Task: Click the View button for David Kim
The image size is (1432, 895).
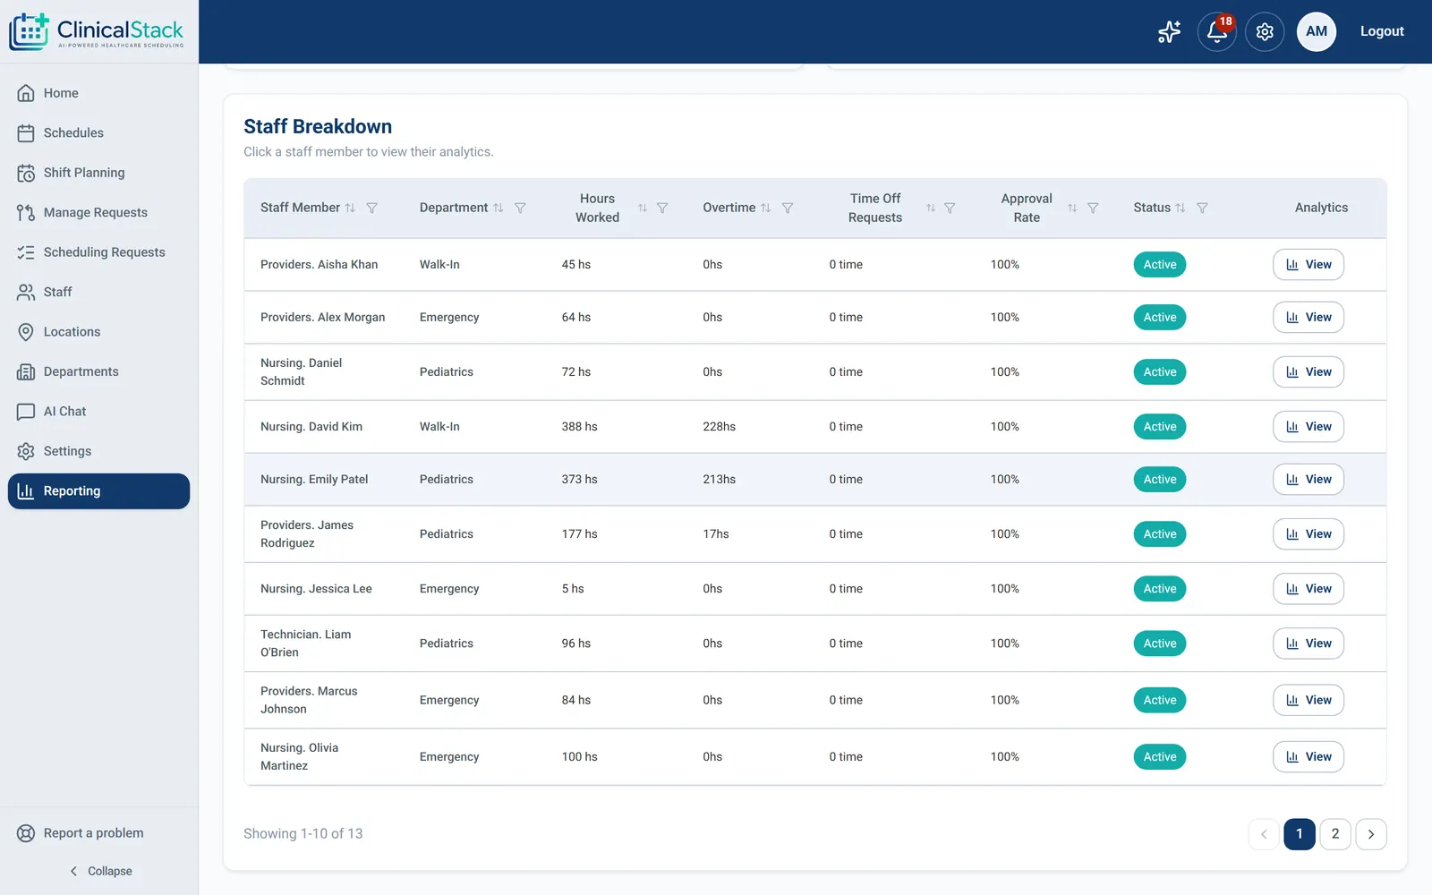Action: pos(1308,426)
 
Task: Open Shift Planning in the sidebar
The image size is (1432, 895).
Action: pos(84,173)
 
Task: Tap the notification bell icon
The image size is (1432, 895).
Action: pos(1216,31)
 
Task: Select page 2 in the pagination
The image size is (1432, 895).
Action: pos(1334,833)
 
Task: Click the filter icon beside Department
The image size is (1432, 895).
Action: pos(520,208)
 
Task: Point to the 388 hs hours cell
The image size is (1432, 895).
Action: pos(579,426)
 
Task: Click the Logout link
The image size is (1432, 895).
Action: pos(1382,31)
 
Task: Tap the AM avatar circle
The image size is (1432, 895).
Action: pos(1317,31)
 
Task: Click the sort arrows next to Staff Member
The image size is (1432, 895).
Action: pos(350,208)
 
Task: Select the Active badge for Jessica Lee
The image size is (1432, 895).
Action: pos(1160,589)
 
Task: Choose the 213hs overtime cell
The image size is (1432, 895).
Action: pos(720,480)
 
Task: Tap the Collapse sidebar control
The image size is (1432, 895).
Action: pos(101,872)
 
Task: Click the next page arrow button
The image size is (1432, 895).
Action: pos(1370,833)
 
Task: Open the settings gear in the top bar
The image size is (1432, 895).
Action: pos(1265,31)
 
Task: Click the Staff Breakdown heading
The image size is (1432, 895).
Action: pos(318,126)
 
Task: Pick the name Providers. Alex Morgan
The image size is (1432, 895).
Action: pos(323,317)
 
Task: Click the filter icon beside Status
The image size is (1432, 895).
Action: pos(1202,208)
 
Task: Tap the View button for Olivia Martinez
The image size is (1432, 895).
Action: pos(1308,757)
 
